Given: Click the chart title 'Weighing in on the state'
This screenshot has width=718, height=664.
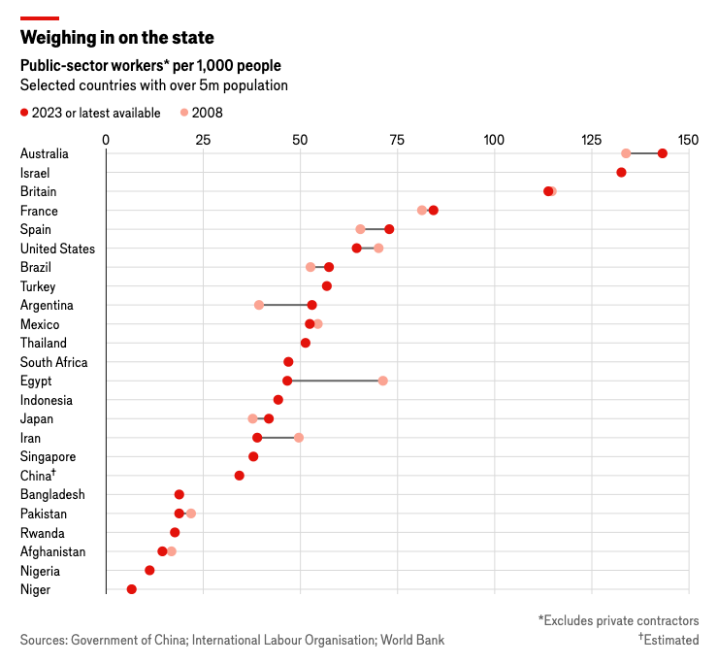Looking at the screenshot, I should (x=117, y=38).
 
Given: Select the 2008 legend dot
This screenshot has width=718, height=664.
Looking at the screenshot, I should (x=184, y=113).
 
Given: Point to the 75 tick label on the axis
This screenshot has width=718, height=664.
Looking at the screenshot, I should (x=397, y=140).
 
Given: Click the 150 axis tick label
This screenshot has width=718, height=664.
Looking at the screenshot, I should (x=688, y=140).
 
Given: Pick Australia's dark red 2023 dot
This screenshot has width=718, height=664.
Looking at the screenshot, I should (x=663, y=153).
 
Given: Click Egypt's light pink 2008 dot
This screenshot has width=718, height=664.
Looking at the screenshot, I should (x=383, y=381).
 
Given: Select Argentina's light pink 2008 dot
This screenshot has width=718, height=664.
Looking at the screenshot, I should (x=259, y=305).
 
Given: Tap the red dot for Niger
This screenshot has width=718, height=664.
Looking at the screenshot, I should (x=132, y=589).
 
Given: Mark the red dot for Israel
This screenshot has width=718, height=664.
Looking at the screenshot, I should (x=621, y=173).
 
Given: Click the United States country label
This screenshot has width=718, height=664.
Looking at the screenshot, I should (x=57, y=249).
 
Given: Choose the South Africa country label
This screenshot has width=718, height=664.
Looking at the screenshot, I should (x=53, y=362).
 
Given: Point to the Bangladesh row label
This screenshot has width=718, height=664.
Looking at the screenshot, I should (x=52, y=494).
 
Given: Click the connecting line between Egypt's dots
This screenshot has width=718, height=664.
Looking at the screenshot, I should (x=335, y=381).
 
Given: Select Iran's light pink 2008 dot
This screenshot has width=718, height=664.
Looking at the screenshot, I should (x=299, y=438).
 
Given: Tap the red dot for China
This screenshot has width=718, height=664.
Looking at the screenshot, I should (x=240, y=476).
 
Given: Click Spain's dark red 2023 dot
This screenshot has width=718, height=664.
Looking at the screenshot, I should (x=389, y=229).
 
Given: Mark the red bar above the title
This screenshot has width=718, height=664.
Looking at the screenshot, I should (x=40, y=17).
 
